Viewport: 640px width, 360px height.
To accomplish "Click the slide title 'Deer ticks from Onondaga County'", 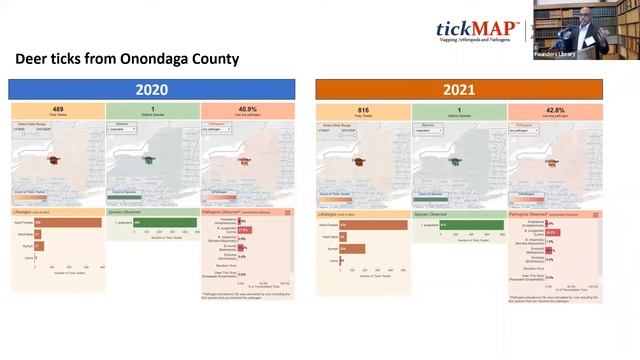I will point(126,59).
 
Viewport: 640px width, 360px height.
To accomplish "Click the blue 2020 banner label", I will point(152,89).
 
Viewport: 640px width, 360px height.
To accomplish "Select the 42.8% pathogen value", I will point(553,109).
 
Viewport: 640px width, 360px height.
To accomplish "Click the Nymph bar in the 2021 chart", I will point(352,248).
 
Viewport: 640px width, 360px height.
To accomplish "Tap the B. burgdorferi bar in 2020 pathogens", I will point(244,230).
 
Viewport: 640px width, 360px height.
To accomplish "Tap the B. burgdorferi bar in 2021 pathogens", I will point(550,231).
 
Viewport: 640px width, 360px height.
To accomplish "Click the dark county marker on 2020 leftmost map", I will point(52,158).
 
